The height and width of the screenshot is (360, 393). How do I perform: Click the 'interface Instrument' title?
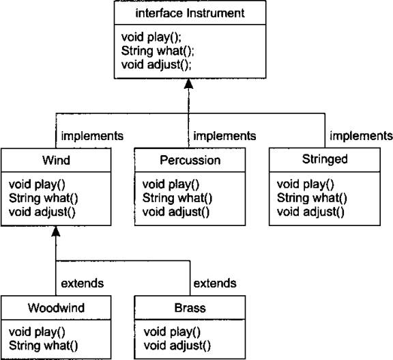190,13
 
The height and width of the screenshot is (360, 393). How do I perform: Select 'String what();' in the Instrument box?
158,51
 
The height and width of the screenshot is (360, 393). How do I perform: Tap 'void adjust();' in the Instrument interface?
156,65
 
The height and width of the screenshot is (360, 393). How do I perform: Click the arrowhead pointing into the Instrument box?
188,84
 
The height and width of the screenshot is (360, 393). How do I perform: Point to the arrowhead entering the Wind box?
56,231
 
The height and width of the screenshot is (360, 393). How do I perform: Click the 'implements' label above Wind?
92,136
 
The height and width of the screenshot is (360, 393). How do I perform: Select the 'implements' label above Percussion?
224,136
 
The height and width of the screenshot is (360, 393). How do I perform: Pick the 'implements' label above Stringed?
361,136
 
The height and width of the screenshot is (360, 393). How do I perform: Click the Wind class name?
56,160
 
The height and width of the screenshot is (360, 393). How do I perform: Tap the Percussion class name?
190,160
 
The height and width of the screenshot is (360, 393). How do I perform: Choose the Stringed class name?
325,159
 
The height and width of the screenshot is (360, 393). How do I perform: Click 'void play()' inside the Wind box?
37,184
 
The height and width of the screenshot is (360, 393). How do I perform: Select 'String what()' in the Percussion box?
177,198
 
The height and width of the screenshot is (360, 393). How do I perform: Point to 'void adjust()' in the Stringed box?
310,212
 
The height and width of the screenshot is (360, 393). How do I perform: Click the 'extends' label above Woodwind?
82,283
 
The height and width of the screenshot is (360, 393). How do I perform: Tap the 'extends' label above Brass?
215,283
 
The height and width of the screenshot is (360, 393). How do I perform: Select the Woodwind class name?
56,308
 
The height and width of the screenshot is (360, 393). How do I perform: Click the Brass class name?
190,308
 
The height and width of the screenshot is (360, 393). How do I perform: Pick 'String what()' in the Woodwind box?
44,346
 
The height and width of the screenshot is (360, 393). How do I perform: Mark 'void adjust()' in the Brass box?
177,346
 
